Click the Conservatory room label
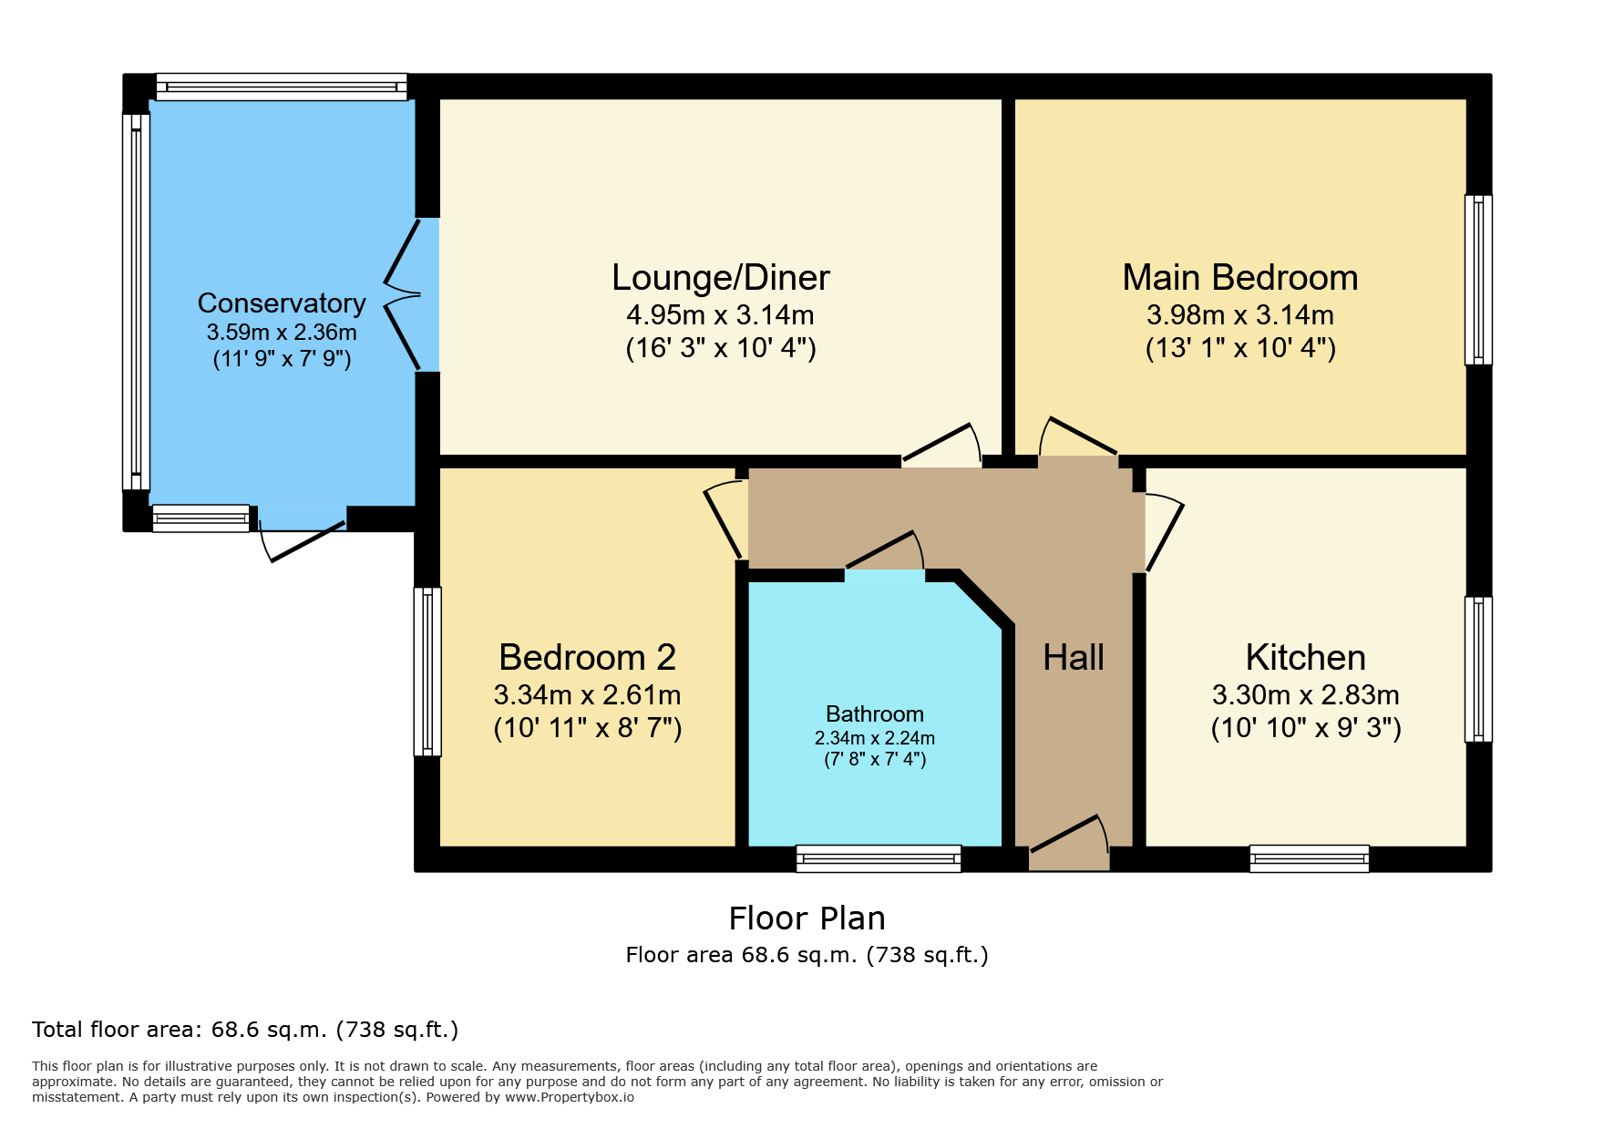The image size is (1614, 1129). click(282, 303)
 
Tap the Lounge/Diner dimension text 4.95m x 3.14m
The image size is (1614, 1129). click(720, 315)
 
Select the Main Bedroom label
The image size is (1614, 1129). click(1240, 277)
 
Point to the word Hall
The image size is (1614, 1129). click(1074, 657)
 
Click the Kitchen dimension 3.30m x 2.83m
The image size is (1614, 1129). click(1306, 695)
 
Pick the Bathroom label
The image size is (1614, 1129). click(875, 713)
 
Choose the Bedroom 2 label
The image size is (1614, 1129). click(588, 657)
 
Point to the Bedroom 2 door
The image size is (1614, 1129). click(725, 520)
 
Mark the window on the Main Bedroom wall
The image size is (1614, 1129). click(1478, 280)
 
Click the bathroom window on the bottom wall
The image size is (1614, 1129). click(879, 858)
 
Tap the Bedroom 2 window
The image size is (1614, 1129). click(427, 672)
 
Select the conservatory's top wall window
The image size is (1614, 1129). click(282, 87)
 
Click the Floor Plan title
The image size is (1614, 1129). click(807, 919)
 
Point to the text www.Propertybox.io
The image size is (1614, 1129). click(570, 1097)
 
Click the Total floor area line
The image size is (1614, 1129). click(245, 1030)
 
